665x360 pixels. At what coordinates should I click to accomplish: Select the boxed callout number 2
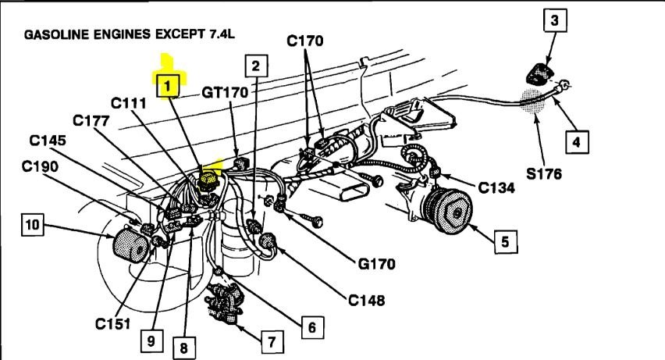coord(257,67)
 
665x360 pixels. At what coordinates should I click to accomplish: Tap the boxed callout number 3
coord(553,21)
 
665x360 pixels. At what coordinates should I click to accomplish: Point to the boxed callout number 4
coord(575,142)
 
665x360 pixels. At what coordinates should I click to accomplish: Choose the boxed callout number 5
coord(505,241)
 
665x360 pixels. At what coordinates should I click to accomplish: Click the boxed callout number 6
coord(310,327)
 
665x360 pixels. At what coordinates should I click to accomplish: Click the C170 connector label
coord(315,41)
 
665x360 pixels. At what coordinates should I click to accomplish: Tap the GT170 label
coord(225,92)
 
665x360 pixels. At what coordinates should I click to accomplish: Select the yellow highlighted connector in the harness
coord(208,180)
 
